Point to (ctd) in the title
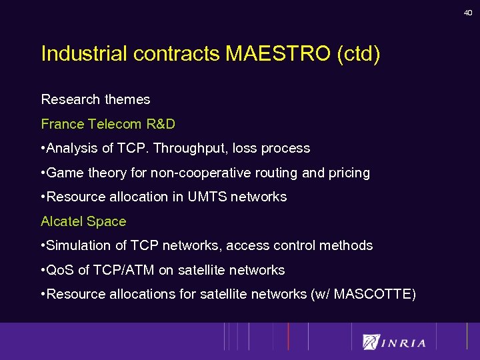359,54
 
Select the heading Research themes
96,99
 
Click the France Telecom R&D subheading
108,124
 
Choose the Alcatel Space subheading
83,221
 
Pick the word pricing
349,173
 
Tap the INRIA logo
394,342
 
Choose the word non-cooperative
207,173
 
